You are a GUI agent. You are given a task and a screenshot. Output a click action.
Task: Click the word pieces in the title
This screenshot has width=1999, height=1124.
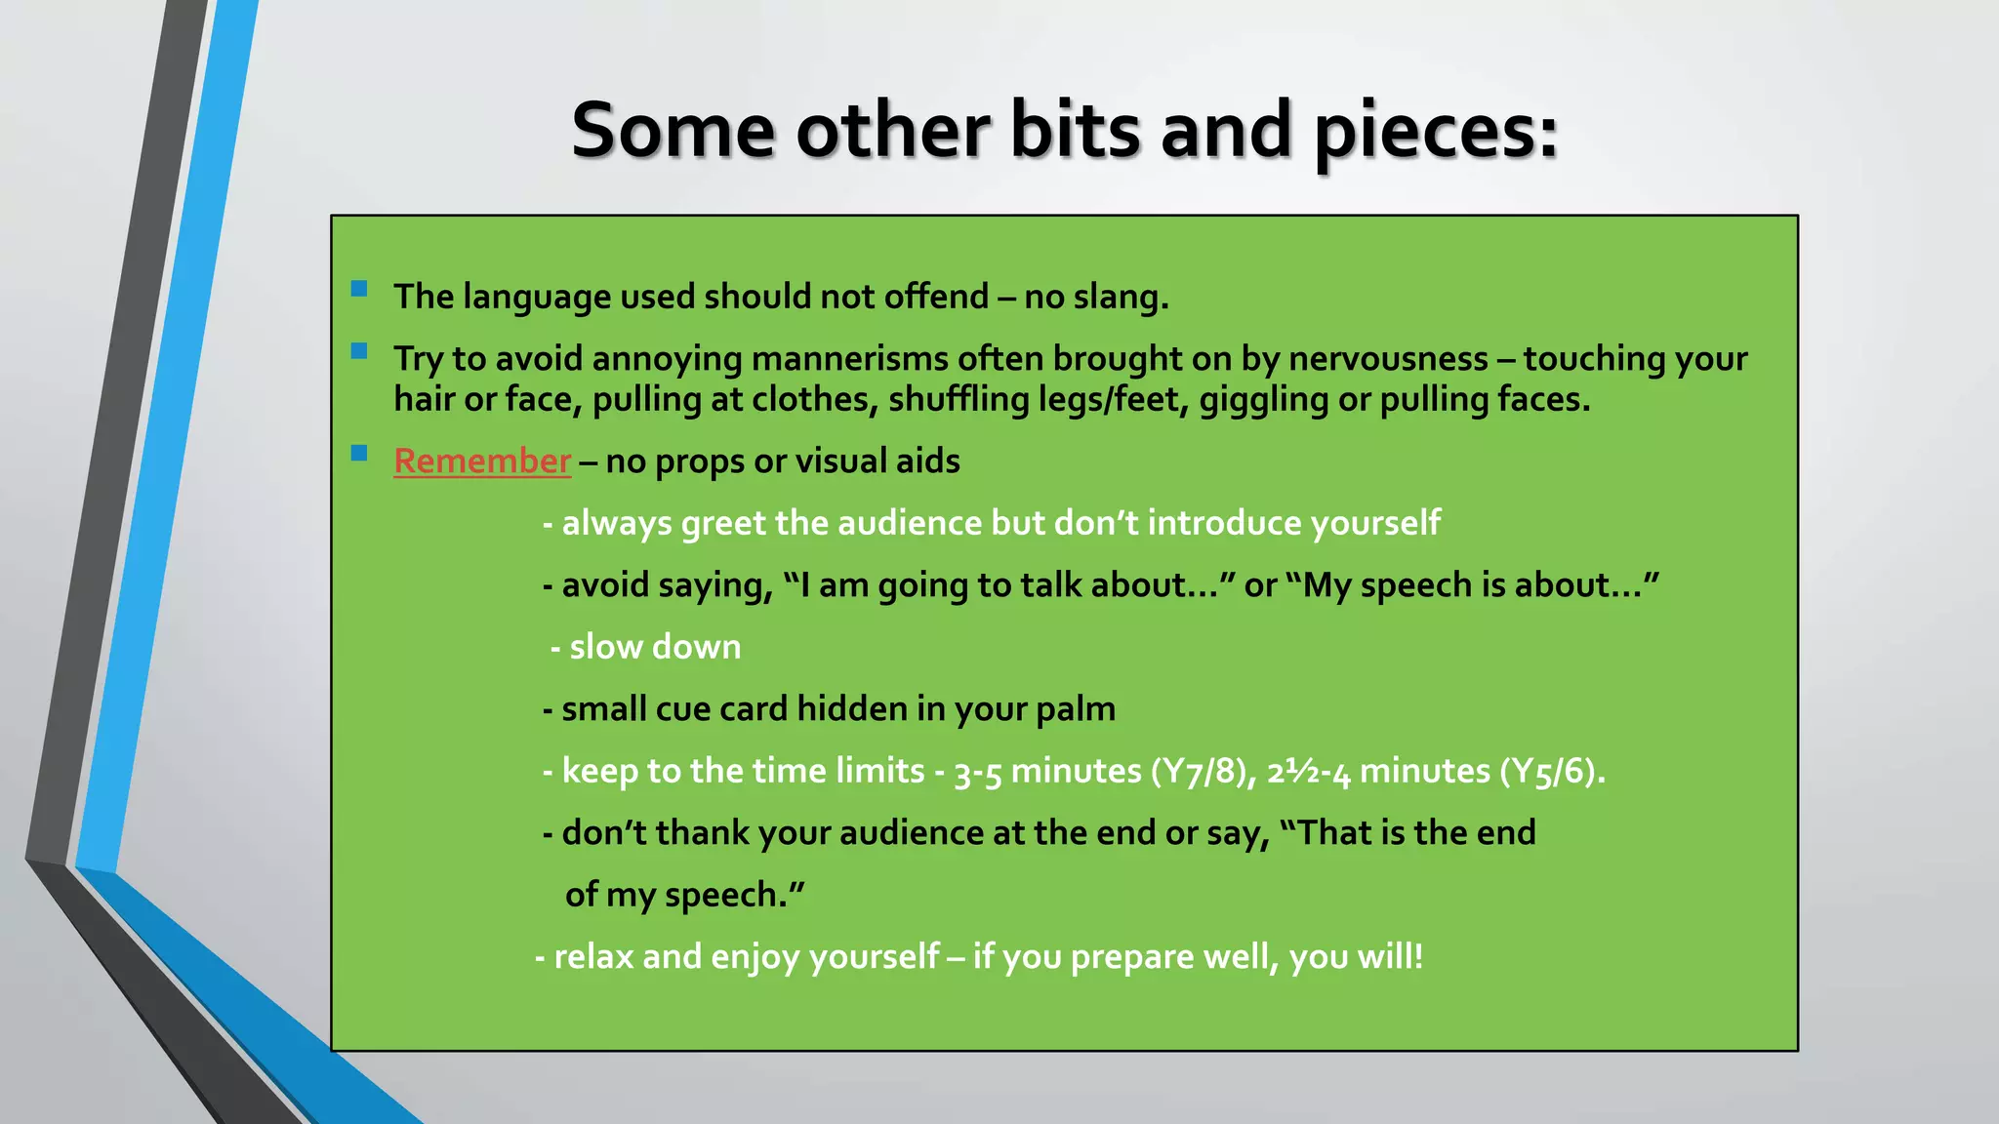[1435, 132]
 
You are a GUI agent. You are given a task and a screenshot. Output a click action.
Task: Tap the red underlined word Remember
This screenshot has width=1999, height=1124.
[482, 461]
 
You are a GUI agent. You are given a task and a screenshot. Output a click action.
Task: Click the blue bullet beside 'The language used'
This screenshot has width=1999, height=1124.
[359, 289]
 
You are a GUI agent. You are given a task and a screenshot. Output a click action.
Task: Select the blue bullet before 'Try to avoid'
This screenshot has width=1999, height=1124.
[359, 351]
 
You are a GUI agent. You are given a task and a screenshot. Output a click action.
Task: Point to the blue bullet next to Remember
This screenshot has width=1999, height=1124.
[359, 453]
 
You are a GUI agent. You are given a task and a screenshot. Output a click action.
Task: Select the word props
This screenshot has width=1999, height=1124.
[700, 462]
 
